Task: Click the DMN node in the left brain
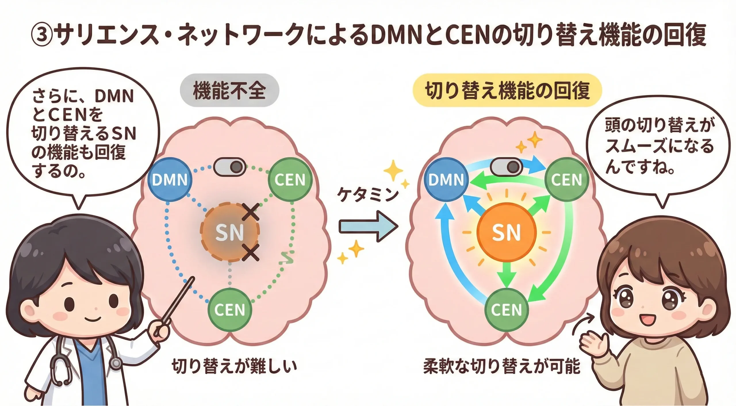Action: click(x=170, y=179)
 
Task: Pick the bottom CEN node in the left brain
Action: click(x=229, y=309)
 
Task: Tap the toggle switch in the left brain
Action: click(x=230, y=167)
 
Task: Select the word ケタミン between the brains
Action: click(x=368, y=195)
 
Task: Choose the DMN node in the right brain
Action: click(x=446, y=179)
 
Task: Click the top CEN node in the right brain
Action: click(x=566, y=179)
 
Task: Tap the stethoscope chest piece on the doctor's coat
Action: click(x=116, y=363)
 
